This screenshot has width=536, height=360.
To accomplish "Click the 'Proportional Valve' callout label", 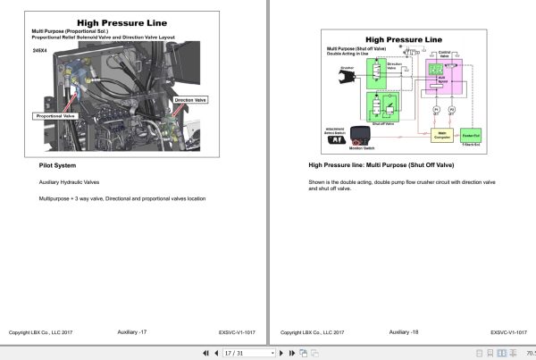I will tap(56, 116).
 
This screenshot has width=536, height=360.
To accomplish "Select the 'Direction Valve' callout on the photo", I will tap(190, 101).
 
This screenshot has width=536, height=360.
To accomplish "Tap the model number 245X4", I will tap(39, 51).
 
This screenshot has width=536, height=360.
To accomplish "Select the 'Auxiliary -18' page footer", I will tap(404, 332).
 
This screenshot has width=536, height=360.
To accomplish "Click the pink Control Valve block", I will tap(443, 80).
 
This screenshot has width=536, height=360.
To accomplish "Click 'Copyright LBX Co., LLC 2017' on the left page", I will tap(40, 332).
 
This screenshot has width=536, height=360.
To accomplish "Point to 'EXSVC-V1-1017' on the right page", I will tap(512, 332).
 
